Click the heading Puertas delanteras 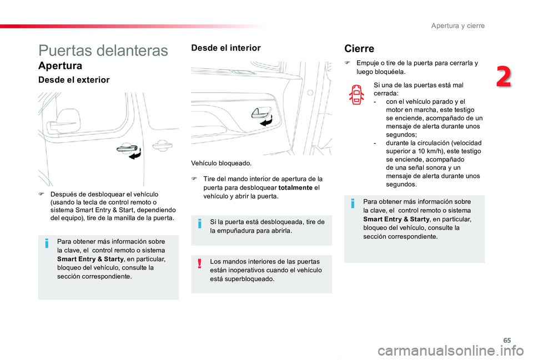pos(103,50)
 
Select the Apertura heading pos(60,66)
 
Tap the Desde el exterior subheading pos(74,80)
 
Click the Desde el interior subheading pos(225,48)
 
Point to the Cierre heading pos(359,49)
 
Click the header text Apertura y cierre pos(458,26)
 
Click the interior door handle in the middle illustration pos(259,113)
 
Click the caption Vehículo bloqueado pos(221,164)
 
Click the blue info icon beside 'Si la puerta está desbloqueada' pos(199,224)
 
